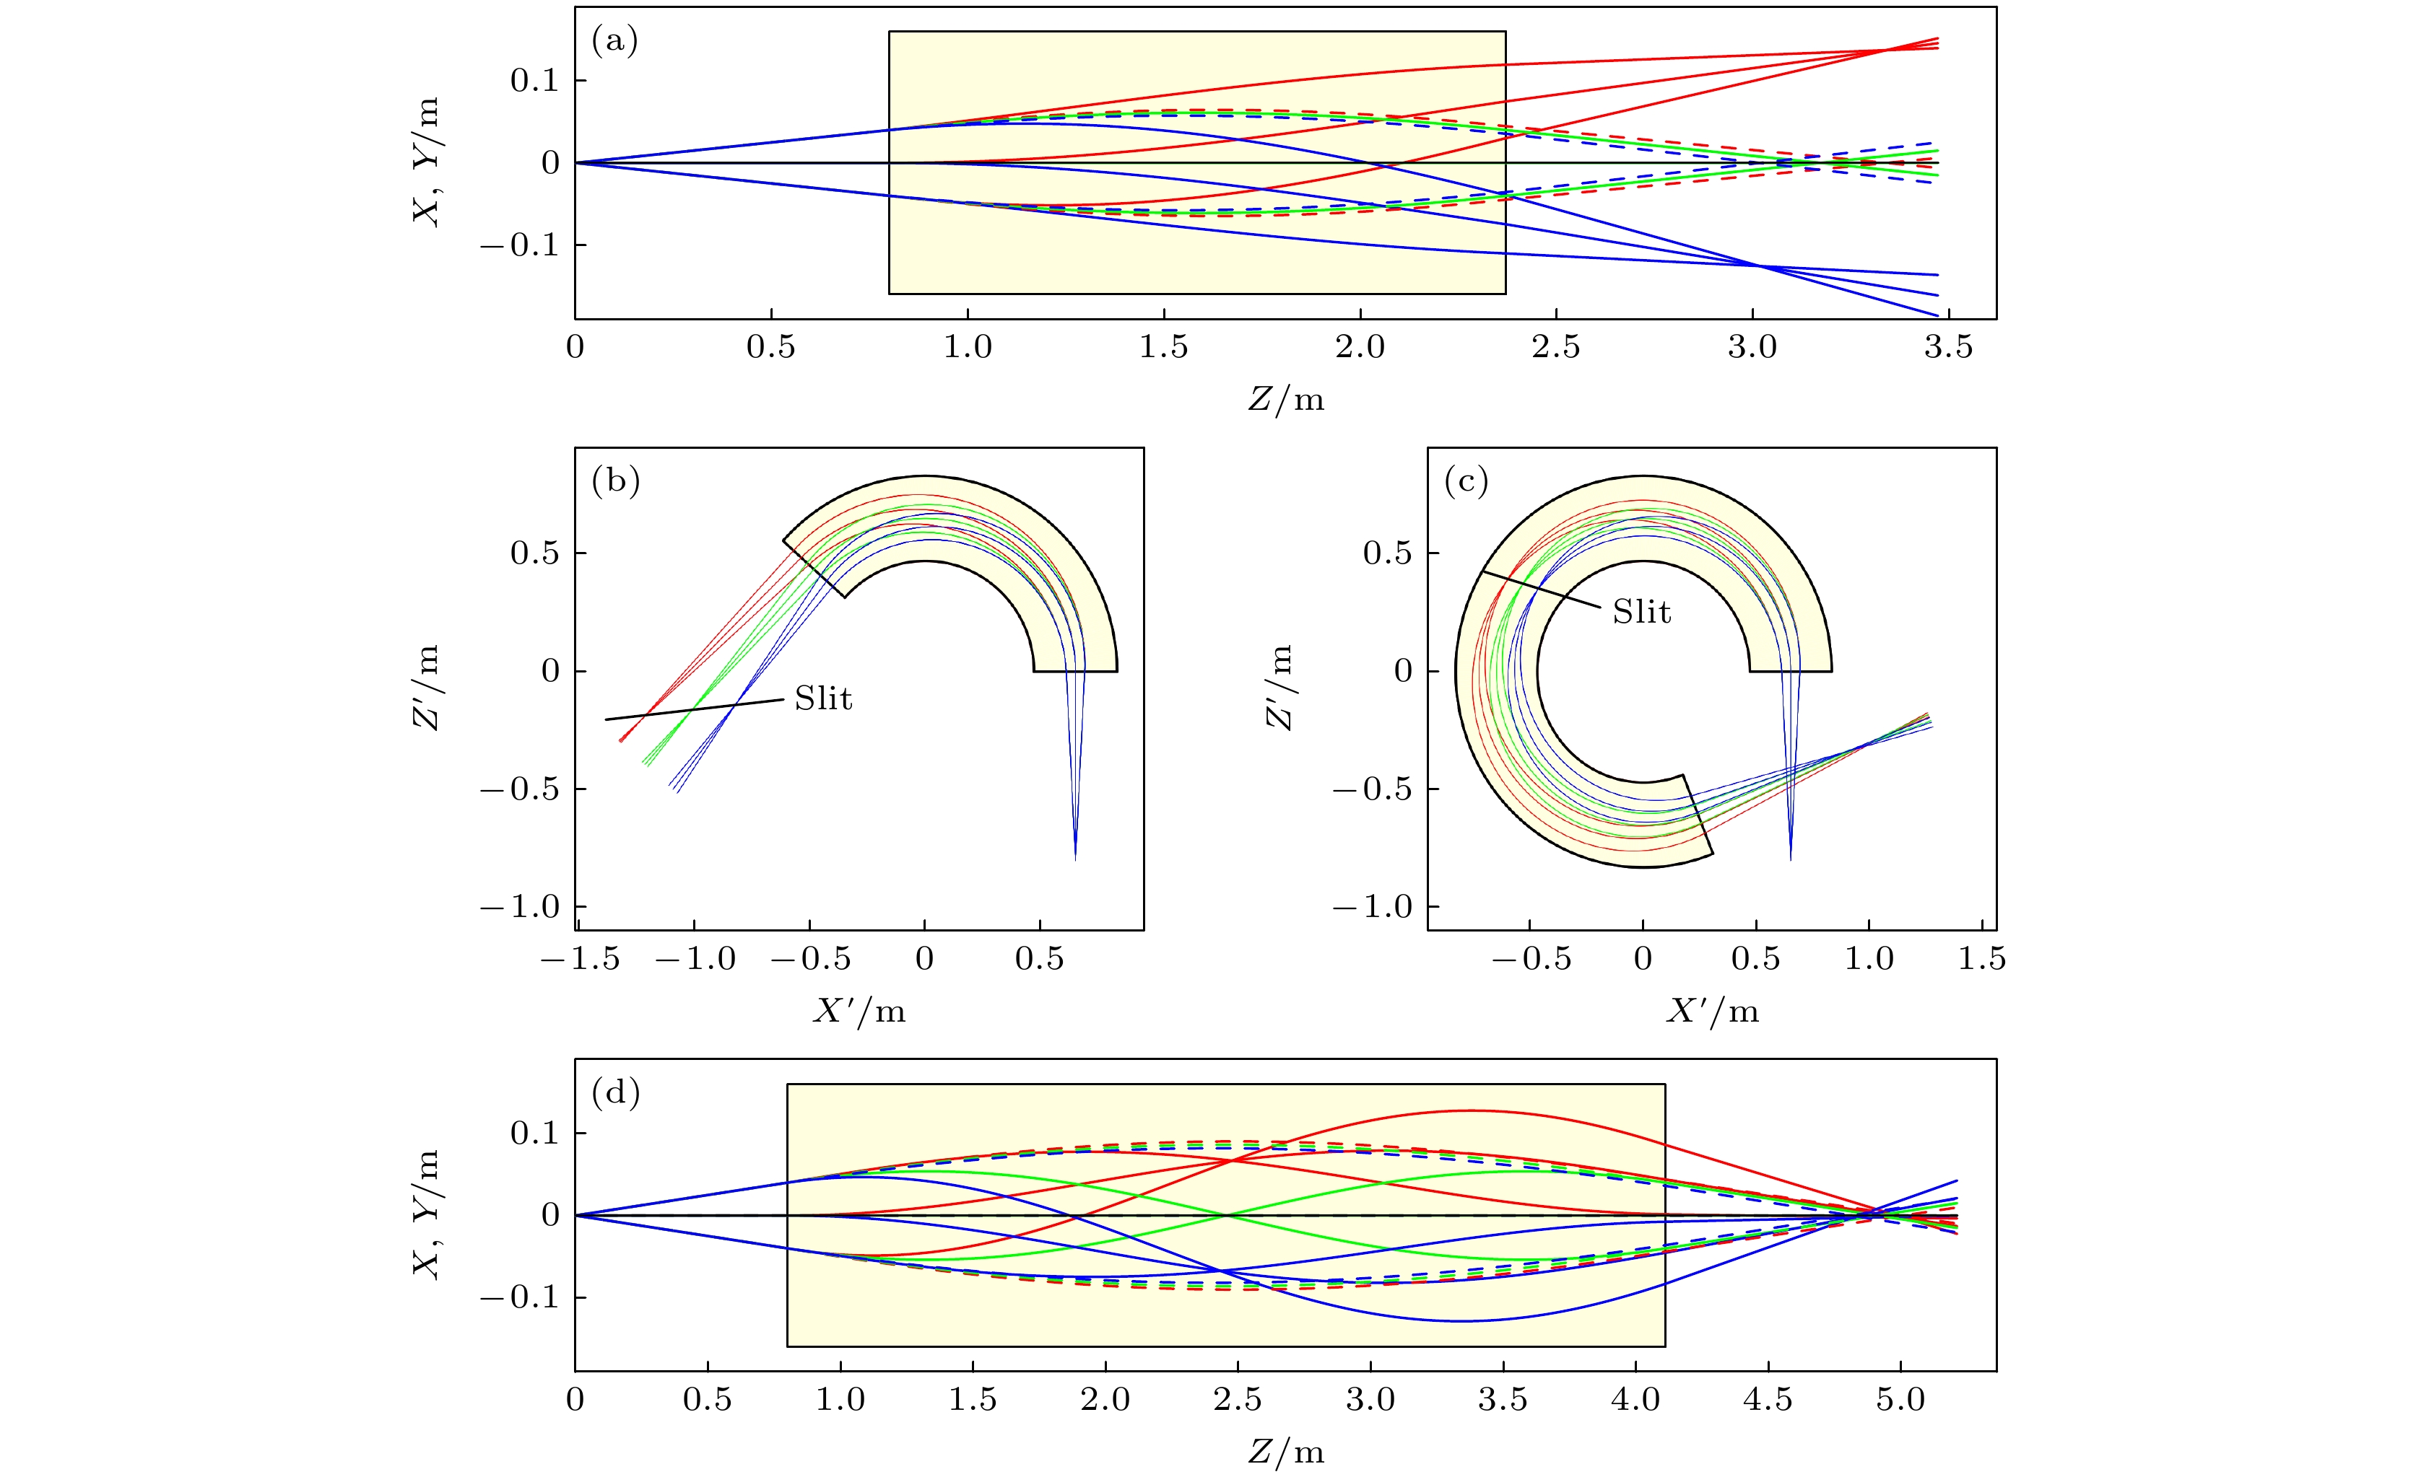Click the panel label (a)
[614, 41]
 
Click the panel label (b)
[616, 482]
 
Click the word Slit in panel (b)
[822, 698]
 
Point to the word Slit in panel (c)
[1641, 613]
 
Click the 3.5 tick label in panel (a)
[1947, 347]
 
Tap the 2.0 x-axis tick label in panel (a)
[1360, 347]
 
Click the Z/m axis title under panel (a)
[1285, 400]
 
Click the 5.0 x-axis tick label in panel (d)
[1900, 1400]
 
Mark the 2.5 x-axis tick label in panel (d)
[1238, 1400]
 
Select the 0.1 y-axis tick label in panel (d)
[534, 1133]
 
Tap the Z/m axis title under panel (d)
[1285, 1452]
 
